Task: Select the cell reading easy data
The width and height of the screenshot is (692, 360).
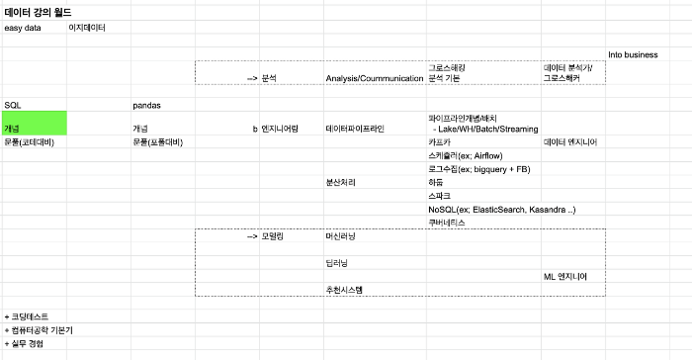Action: tap(23, 28)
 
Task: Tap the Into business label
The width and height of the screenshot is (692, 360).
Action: tap(633, 54)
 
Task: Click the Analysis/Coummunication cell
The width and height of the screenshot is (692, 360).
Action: tap(374, 77)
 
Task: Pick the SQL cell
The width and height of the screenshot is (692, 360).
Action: tap(12, 104)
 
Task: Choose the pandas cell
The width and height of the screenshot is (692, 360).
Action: tap(146, 104)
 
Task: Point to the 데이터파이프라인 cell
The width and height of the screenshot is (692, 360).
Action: tap(354, 129)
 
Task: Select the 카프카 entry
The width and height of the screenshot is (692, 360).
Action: tap(440, 142)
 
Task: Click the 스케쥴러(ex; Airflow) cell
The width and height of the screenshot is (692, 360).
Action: tap(465, 156)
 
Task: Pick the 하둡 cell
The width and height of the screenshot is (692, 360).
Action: tap(436, 183)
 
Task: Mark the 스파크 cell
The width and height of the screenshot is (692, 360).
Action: tap(440, 196)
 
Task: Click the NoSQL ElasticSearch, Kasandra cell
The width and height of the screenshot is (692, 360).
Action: tap(501, 210)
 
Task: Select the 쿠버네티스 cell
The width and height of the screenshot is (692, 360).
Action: tap(447, 223)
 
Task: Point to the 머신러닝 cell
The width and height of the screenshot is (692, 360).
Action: tap(340, 237)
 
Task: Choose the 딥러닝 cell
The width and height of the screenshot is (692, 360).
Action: tap(336, 262)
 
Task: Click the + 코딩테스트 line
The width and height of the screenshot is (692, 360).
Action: tap(27, 315)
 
